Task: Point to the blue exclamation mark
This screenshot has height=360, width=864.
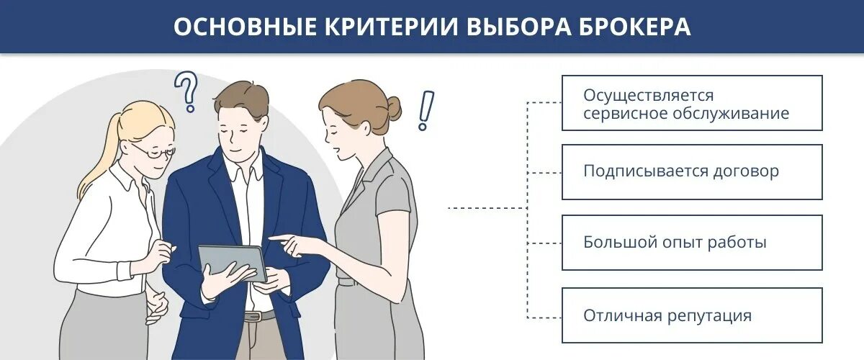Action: tap(426, 110)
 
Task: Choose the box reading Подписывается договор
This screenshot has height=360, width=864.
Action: tap(691, 172)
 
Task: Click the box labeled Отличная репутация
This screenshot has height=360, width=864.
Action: tap(691, 315)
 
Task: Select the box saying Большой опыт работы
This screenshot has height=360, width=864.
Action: tap(691, 243)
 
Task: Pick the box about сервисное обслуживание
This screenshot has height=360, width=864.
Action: tap(691, 103)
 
